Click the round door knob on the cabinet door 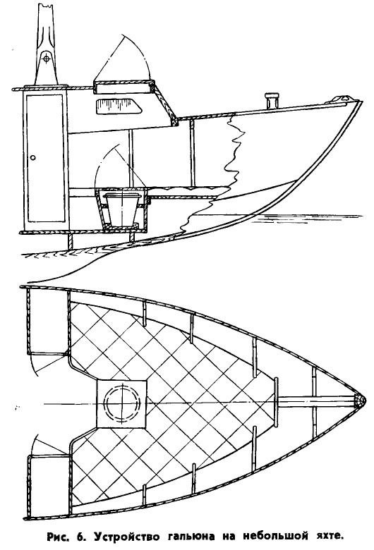coord(33,158)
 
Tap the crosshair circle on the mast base coord(45,59)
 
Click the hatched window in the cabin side coord(119,106)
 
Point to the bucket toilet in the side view coord(121,209)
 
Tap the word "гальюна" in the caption coord(193,537)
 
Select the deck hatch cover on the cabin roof coord(124,87)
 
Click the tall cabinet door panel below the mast coord(47,158)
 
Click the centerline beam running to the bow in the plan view coord(316,401)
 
